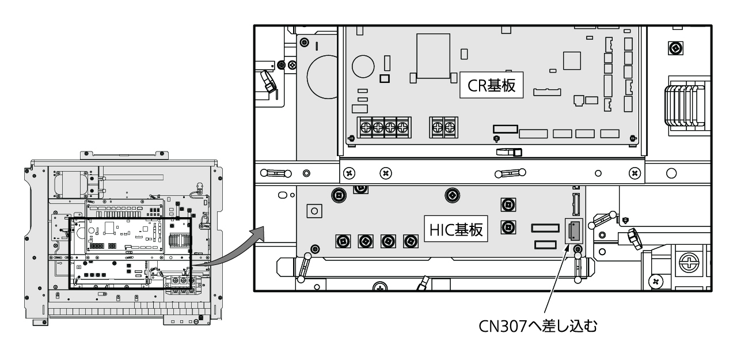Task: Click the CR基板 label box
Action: pos(491,85)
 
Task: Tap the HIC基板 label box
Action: pos(455,229)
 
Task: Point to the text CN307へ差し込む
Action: pos(538,326)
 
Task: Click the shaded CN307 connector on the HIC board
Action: pos(574,231)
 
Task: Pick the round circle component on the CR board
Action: pos(363,66)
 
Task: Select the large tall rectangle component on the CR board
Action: pos(433,56)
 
